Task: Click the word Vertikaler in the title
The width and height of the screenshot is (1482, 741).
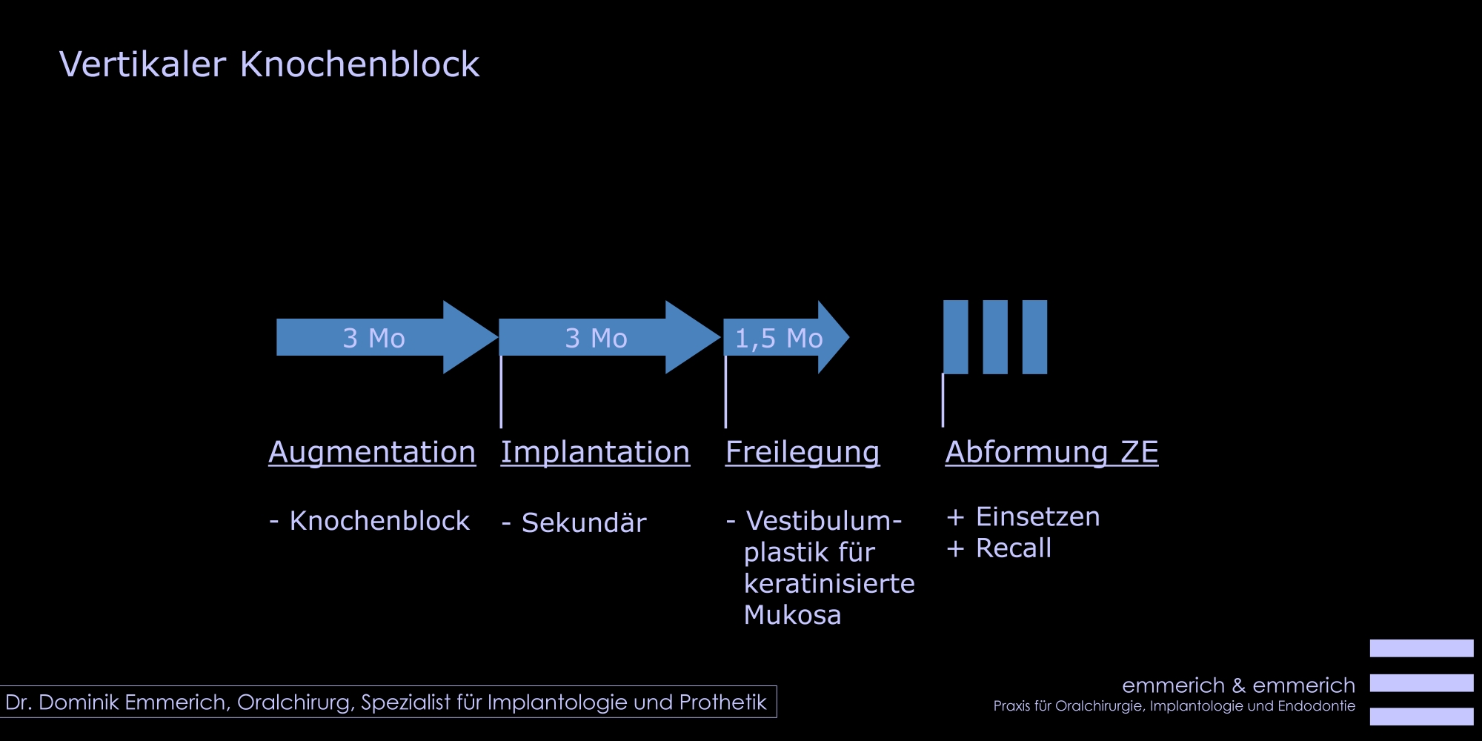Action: click(x=142, y=64)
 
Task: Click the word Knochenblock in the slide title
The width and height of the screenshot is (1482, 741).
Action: click(x=360, y=64)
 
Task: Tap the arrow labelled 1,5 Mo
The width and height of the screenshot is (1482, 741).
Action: click(x=786, y=337)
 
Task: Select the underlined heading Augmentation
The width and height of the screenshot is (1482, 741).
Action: click(x=372, y=452)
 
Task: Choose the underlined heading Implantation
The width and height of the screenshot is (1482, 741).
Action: click(x=595, y=452)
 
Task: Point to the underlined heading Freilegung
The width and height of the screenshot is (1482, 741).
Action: click(x=803, y=452)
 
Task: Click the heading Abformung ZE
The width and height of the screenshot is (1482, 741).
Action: click(x=1051, y=452)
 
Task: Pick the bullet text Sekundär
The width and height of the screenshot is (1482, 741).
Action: click(x=584, y=522)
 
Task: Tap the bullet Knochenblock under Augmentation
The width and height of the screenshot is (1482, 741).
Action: click(x=379, y=520)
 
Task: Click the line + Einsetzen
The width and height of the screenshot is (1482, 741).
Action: click(x=1023, y=516)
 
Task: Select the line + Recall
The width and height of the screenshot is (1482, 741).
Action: click(x=999, y=548)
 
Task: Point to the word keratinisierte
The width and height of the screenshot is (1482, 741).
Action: click(x=829, y=583)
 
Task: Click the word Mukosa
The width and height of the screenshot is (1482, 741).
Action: click(x=792, y=614)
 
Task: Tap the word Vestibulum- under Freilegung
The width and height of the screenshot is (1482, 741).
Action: click(x=823, y=520)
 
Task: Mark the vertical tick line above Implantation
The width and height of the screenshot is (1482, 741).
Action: click(x=501, y=391)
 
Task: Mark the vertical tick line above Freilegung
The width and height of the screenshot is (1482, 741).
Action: click(x=725, y=391)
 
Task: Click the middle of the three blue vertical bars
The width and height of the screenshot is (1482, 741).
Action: click(x=995, y=337)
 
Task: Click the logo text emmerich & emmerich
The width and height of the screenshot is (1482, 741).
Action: click(x=1238, y=685)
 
